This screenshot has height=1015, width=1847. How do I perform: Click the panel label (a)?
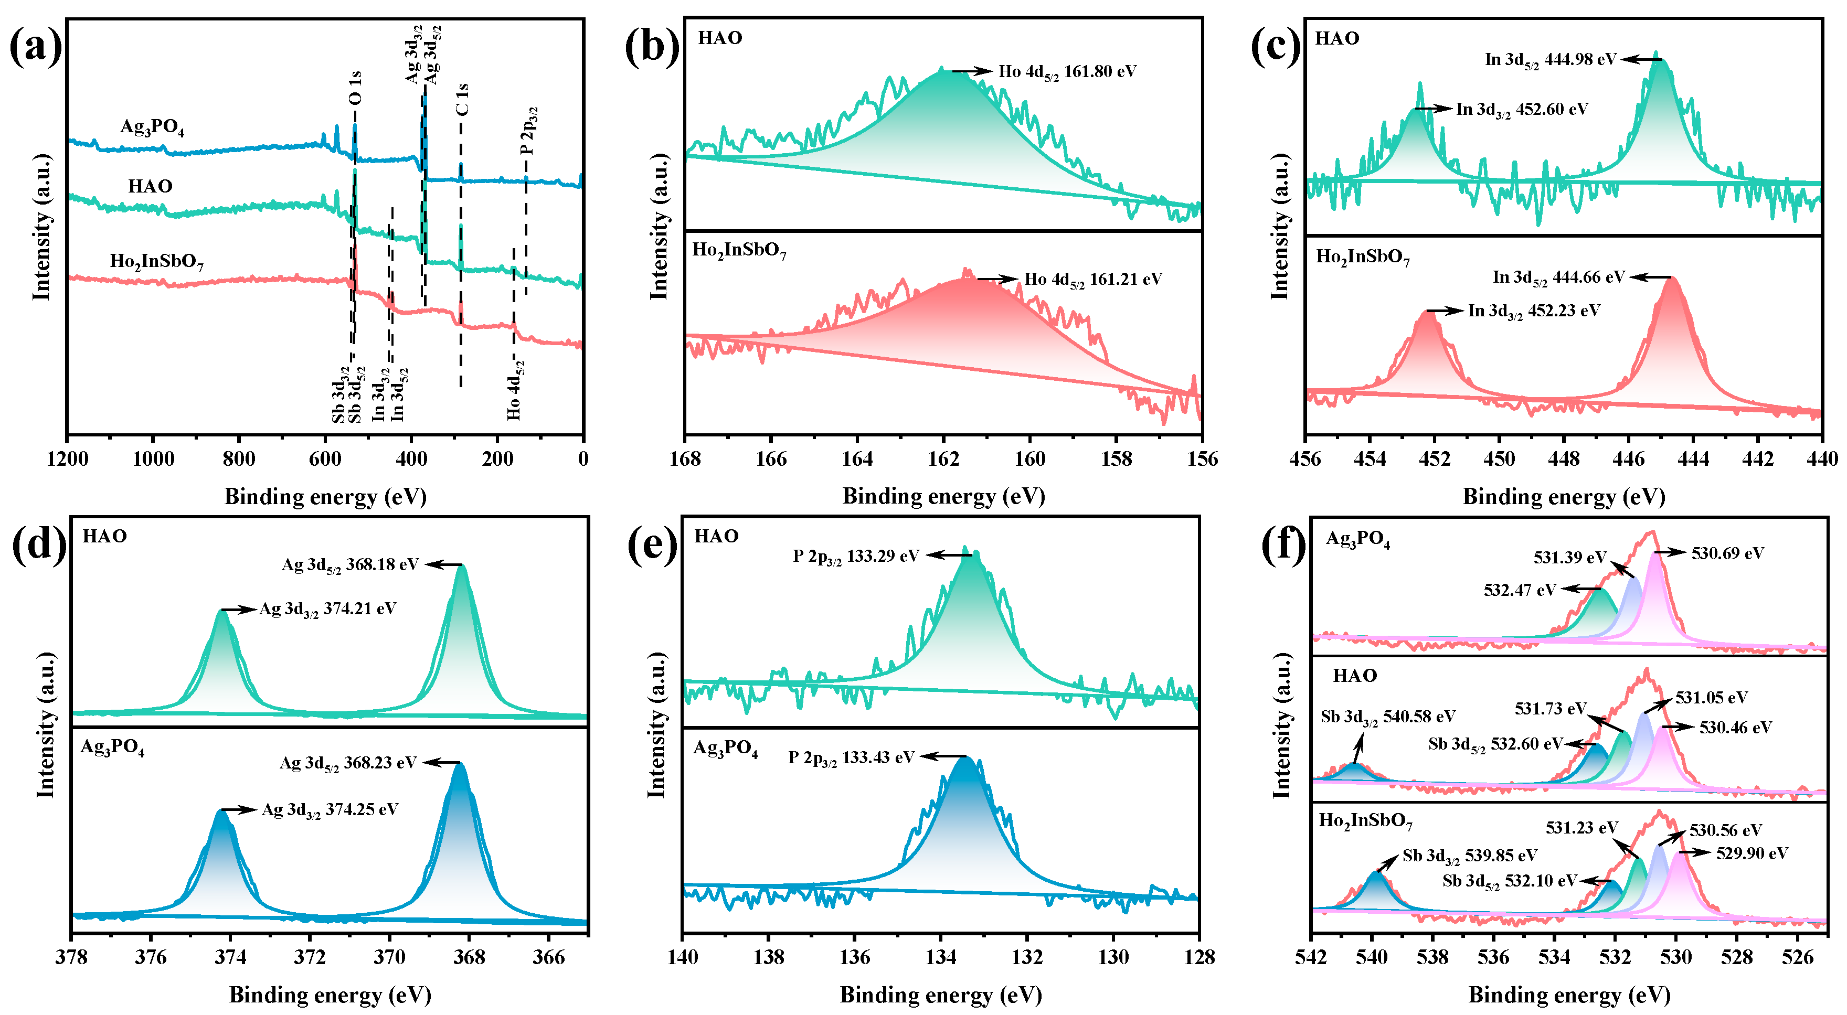(36, 47)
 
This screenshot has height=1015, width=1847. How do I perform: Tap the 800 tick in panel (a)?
(239, 459)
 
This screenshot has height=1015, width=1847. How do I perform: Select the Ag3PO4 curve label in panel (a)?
(152, 127)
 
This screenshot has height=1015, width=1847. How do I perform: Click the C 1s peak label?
(462, 99)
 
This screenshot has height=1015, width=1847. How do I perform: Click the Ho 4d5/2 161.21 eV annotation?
(1092, 280)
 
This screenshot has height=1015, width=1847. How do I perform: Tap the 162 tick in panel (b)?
(943, 459)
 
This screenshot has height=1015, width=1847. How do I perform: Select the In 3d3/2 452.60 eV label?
(1522, 110)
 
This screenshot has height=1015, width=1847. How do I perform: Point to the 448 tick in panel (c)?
(1563, 459)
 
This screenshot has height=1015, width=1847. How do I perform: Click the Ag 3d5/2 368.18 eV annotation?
(350, 565)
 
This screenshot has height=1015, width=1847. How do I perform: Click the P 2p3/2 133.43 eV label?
(851, 757)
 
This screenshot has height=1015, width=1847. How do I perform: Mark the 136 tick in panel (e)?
(855, 957)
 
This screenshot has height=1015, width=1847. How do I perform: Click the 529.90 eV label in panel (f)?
(1752, 853)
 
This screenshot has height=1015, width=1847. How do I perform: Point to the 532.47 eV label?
(1520, 590)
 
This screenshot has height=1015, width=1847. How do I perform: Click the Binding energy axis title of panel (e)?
(941, 995)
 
